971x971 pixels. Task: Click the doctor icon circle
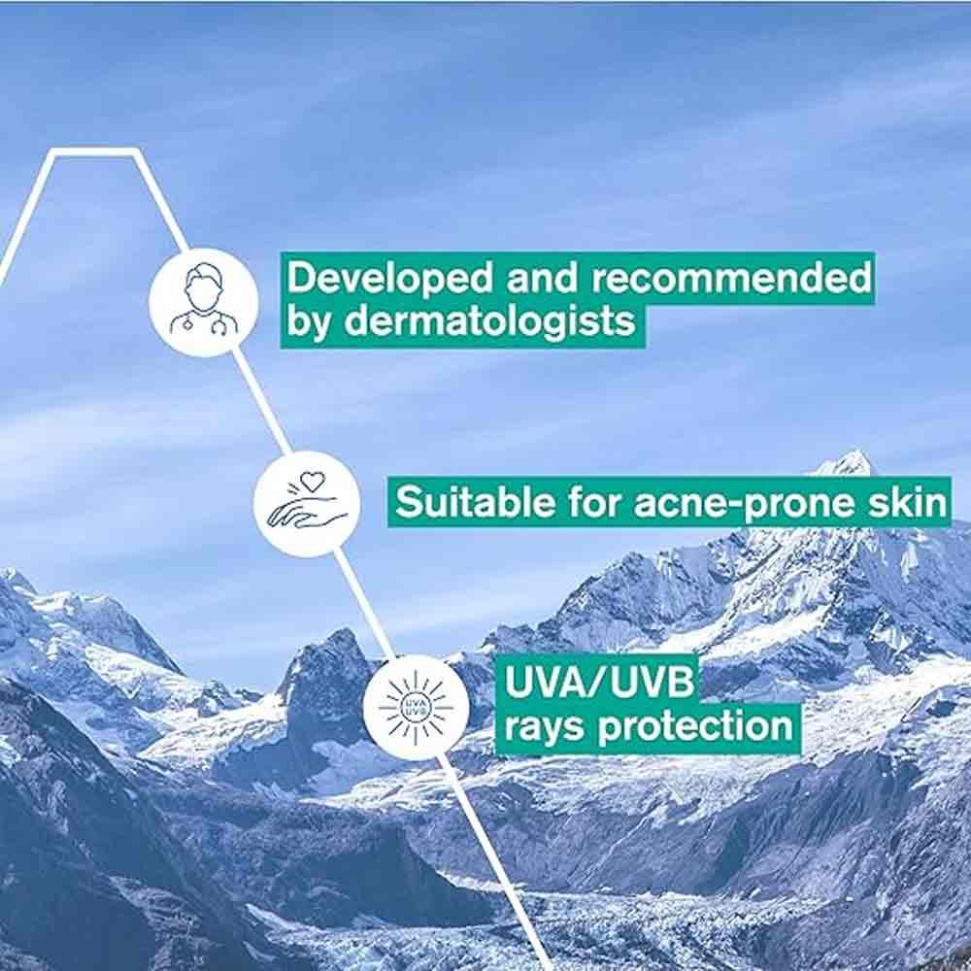click(x=203, y=302)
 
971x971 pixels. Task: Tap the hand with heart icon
click(x=307, y=503)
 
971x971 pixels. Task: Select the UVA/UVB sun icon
click(x=416, y=706)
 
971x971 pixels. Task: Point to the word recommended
click(x=731, y=278)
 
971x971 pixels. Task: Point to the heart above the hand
click(x=310, y=481)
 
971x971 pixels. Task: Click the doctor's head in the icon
click(x=203, y=287)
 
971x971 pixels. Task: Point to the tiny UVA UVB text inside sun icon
click(x=416, y=706)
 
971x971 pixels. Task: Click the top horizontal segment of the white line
click(x=93, y=152)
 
